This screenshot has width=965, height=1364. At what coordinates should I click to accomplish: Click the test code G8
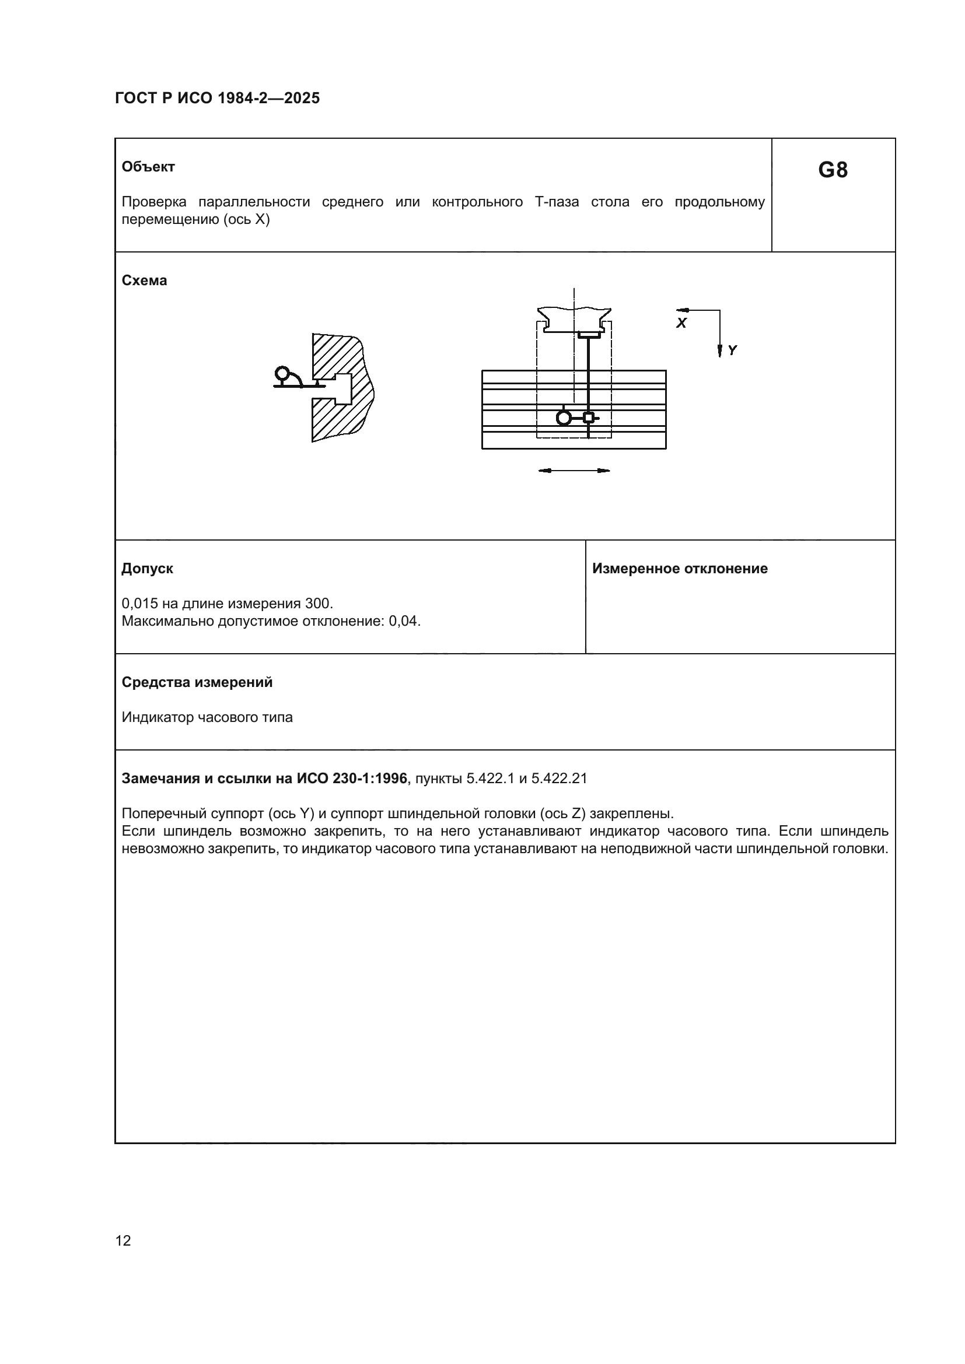[833, 170]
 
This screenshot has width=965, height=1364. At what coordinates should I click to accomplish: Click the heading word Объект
[148, 167]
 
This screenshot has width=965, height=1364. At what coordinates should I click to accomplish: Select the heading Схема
[144, 280]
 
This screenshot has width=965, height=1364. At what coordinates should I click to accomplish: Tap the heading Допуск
[148, 569]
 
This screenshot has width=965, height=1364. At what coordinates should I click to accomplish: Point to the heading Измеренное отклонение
[680, 569]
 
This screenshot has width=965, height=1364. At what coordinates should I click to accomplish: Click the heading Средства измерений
[197, 682]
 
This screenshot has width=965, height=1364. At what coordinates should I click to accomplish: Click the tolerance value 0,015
[139, 604]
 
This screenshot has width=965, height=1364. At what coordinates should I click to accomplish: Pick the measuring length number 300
[318, 604]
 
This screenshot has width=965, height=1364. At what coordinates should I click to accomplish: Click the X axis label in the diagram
[681, 323]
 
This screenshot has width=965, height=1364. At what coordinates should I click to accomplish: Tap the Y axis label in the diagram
[732, 350]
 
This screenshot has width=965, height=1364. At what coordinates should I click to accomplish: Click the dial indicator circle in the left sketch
[282, 374]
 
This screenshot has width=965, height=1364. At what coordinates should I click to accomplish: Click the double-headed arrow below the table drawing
[574, 471]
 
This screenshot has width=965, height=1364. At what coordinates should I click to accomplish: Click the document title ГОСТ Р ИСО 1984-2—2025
[217, 98]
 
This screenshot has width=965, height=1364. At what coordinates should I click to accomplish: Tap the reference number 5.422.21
[559, 779]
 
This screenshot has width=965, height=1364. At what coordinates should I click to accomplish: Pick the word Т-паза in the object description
[557, 202]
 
